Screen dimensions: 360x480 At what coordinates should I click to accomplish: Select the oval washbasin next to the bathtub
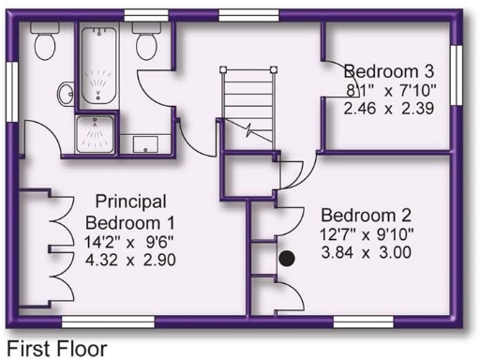pos(67,93)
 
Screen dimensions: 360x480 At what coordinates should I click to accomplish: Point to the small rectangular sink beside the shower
pos(145,143)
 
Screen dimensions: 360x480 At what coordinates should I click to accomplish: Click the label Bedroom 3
pos(388,71)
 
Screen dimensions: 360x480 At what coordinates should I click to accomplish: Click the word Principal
pos(130,202)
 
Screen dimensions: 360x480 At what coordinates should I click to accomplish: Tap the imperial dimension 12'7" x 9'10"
pos(365,232)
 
